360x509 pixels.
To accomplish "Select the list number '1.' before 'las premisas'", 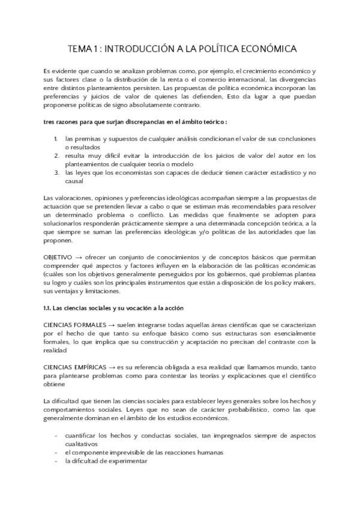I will tap(56, 139).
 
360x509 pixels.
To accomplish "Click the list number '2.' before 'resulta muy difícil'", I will tap(56, 155).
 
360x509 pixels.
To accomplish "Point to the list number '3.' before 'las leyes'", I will tap(56, 173).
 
